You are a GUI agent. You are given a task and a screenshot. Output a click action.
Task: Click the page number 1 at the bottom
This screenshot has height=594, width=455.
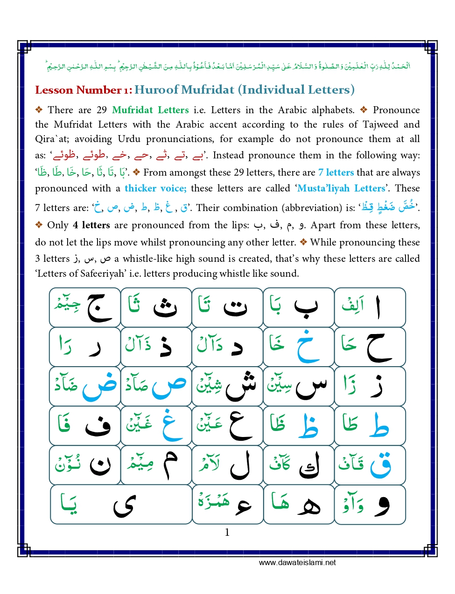click(x=227, y=532)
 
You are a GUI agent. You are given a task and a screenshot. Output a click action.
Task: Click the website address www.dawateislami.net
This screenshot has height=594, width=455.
click(x=297, y=562)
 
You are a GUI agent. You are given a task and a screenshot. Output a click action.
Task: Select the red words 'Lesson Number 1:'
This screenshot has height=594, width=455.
click(x=84, y=90)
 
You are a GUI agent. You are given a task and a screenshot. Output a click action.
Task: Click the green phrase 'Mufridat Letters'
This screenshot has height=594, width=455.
click(x=150, y=110)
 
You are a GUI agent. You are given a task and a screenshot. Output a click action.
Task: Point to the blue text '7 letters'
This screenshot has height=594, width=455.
click(x=336, y=172)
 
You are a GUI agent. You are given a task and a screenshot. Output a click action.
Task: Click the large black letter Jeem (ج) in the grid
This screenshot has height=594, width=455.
click(x=98, y=308)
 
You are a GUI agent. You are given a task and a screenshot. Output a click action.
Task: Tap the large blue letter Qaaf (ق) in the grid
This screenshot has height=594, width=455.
click(x=381, y=465)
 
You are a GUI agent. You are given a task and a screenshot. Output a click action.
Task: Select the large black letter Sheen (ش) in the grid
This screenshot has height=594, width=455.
click(x=241, y=387)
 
